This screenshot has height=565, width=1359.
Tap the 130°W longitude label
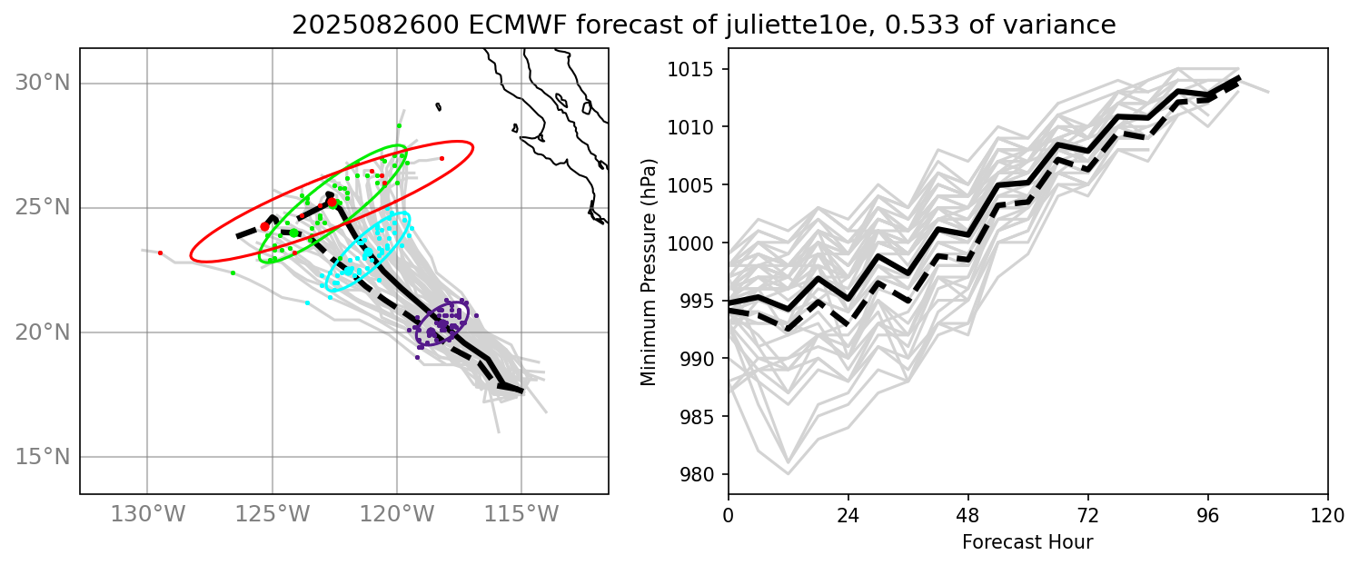coord(147,514)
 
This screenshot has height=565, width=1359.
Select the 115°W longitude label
coord(521,514)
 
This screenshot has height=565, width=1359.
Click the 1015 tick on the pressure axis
coord(695,69)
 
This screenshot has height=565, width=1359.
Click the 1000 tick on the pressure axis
coord(695,243)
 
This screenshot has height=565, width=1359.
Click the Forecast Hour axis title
coord(1027,542)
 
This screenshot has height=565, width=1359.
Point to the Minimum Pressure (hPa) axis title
coord(648,271)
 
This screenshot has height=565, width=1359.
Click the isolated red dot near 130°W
coord(160,253)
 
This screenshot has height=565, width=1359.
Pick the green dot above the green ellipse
coord(398,125)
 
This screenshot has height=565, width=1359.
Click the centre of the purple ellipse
coord(442,324)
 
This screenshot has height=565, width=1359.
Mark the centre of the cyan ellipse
coord(368,251)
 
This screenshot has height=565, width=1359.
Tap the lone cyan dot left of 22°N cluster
coord(307,302)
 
